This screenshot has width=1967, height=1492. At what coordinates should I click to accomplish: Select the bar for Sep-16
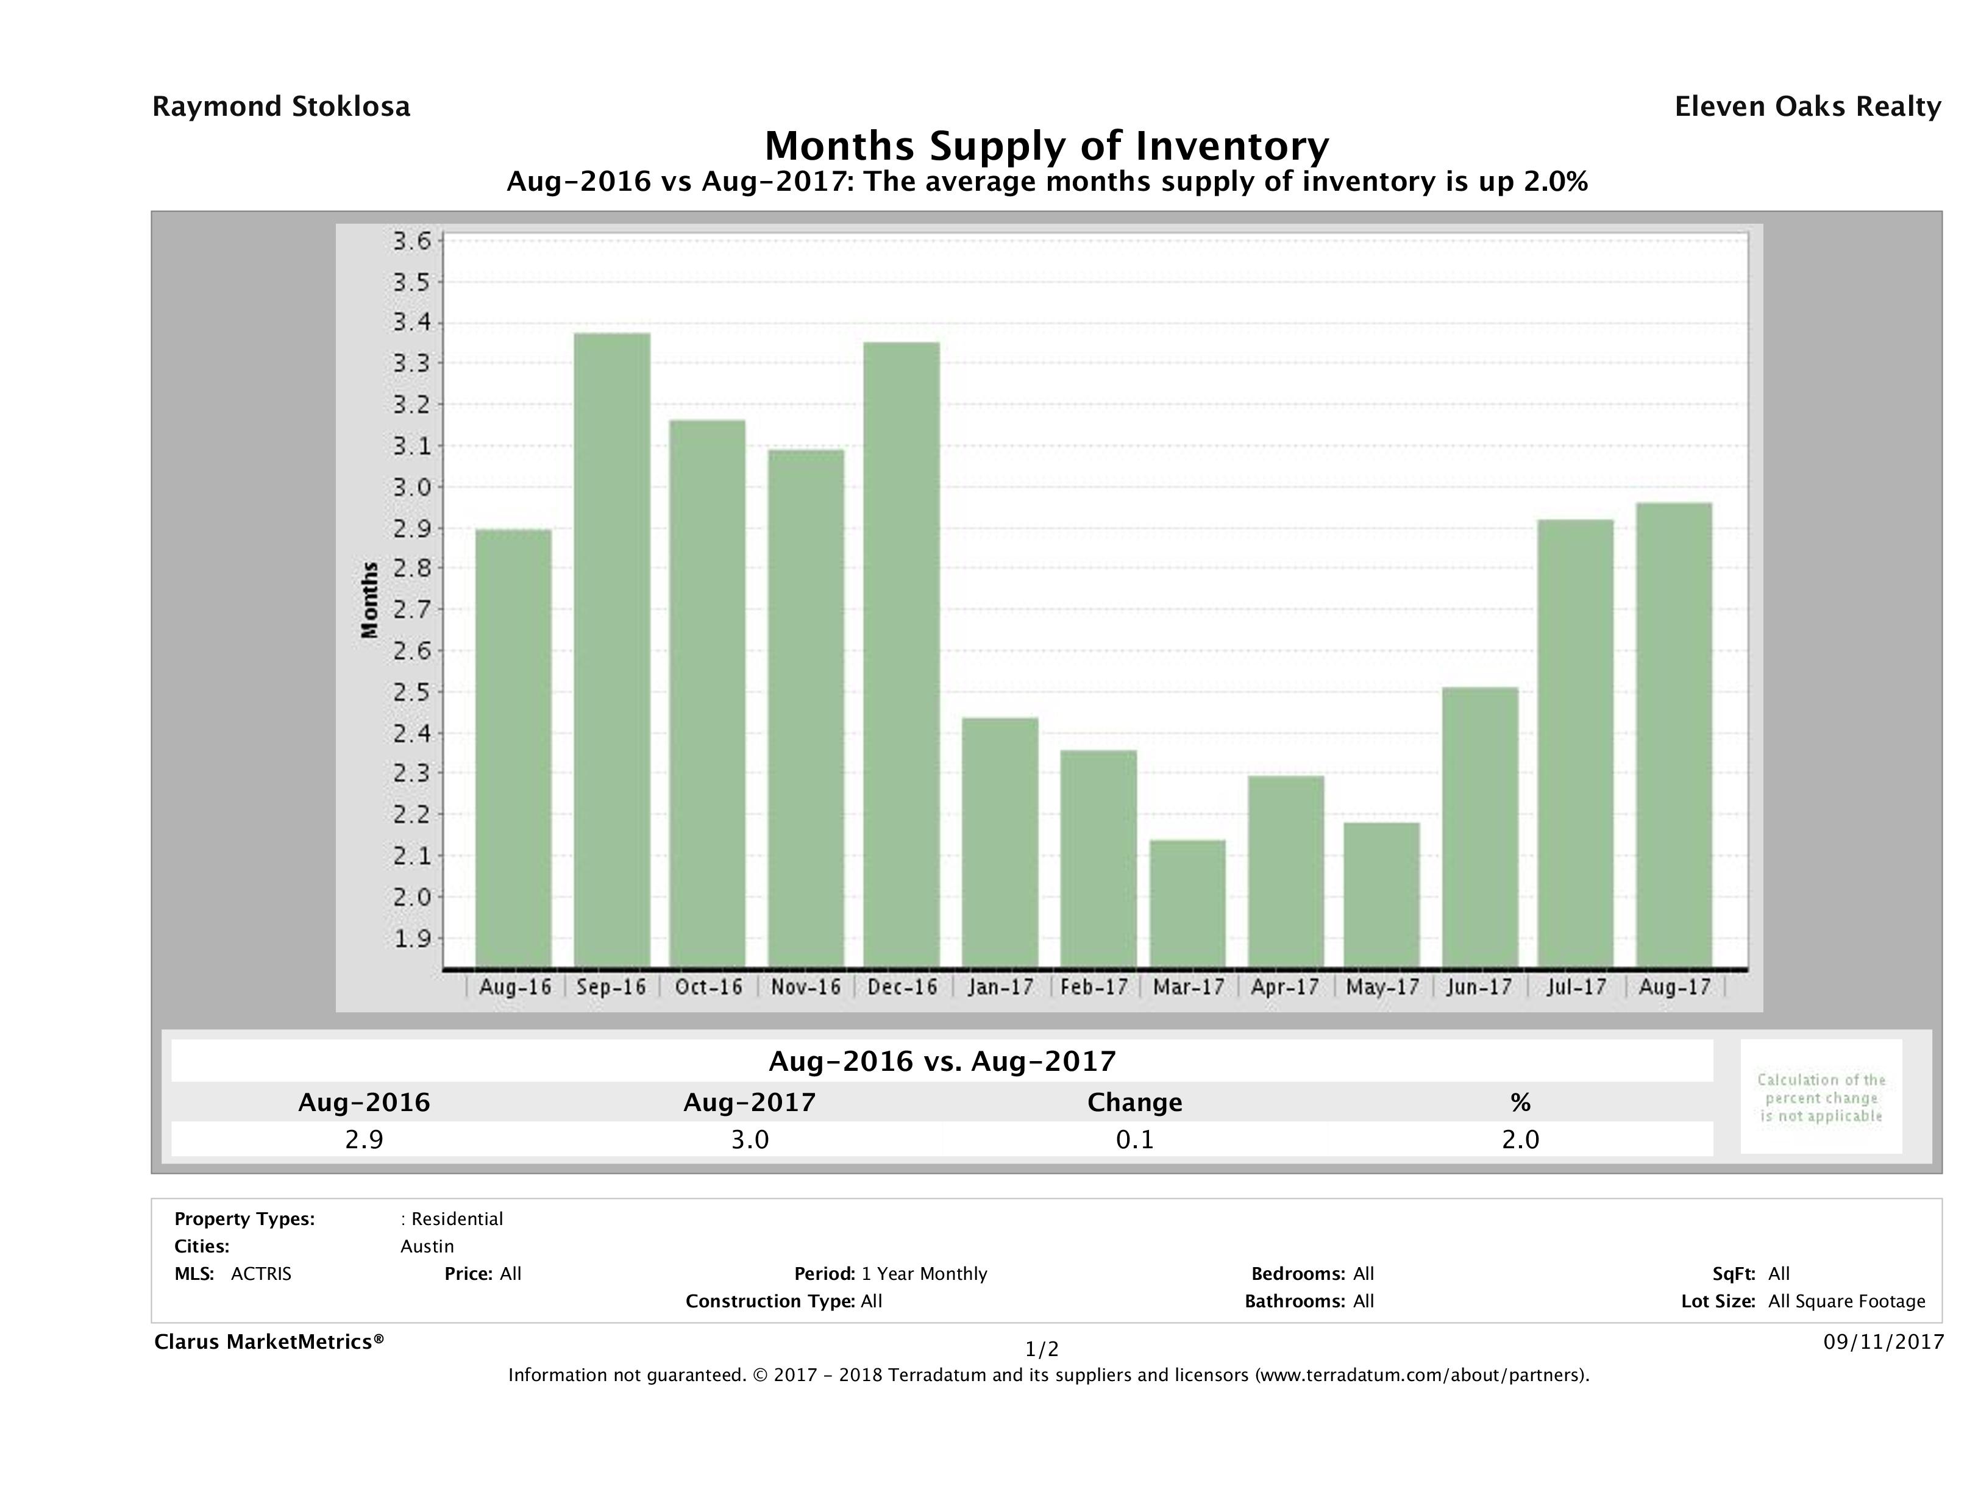(x=612, y=650)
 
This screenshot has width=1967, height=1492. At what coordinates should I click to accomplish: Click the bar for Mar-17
(x=1187, y=903)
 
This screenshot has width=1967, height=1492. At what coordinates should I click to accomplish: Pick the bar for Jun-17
(x=1480, y=827)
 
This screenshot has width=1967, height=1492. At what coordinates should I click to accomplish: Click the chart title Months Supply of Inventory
(x=1047, y=146)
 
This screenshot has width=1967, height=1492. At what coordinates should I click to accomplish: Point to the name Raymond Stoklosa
(x=281, y=107)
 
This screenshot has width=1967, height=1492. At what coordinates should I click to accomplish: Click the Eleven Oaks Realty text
(x=1807, y=107)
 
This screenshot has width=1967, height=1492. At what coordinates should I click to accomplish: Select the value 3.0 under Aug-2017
(x=750, y=1139)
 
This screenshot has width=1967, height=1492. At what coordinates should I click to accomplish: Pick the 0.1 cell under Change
(x=1135, y=1139)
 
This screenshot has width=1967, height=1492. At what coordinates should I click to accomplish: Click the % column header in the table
(x=1520, y=1103)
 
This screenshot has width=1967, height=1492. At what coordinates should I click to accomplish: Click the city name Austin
(x=427, y=1246)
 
